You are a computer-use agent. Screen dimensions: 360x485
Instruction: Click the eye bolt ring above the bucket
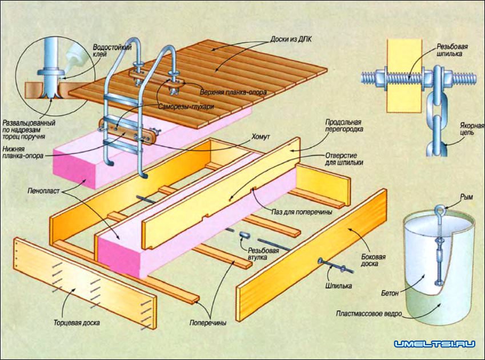click(x=440, y=210)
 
